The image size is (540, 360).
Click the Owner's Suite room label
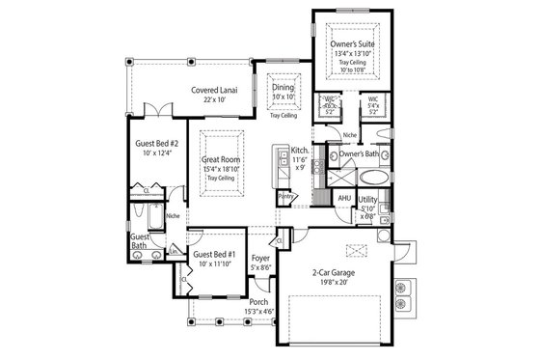click(x=353, y=44)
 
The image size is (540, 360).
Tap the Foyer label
click(x=260, y=259)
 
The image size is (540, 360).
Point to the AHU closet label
click(x=343, y=198)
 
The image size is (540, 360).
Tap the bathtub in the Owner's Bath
click(x=371, y=178)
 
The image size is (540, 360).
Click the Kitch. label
click(x=300, y=151)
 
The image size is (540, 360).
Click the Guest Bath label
click(x=140, y=241)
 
